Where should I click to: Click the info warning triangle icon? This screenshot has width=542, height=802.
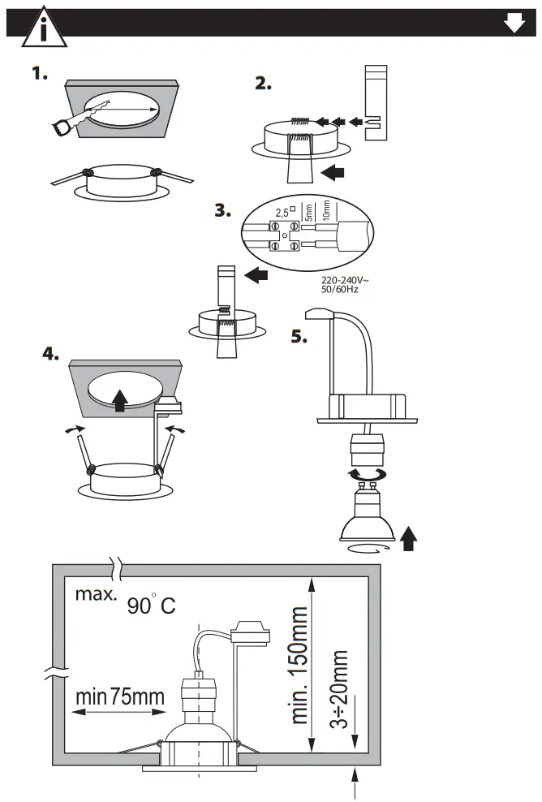pyautogui.click(x=36, y=28)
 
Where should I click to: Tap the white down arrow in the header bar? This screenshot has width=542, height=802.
pyautogui.click(x=514, y=24)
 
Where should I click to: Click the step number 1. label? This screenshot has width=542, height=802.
pyautogui.click(x=41, y=75)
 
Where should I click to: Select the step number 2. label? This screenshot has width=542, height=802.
pyautogui.click(x=264, y=84)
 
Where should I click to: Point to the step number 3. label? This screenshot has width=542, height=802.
pyautogui.click(x=222, y=210)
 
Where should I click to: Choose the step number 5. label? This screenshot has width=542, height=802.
pyautogui.click(x=299, y=337)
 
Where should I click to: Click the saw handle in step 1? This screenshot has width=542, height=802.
pyautogui.click(x=62, y=125)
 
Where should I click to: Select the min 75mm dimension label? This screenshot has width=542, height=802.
pyautogui.click(x=119, y=696)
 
